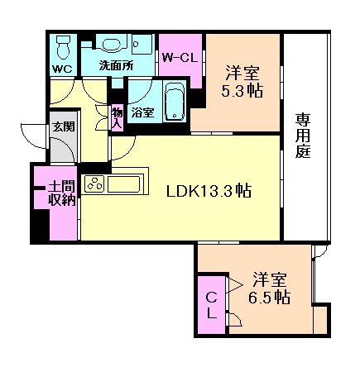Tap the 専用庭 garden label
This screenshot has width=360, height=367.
(304, 136)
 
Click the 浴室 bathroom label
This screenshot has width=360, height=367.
(142, 112)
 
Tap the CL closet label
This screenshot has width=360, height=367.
(212, 305)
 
